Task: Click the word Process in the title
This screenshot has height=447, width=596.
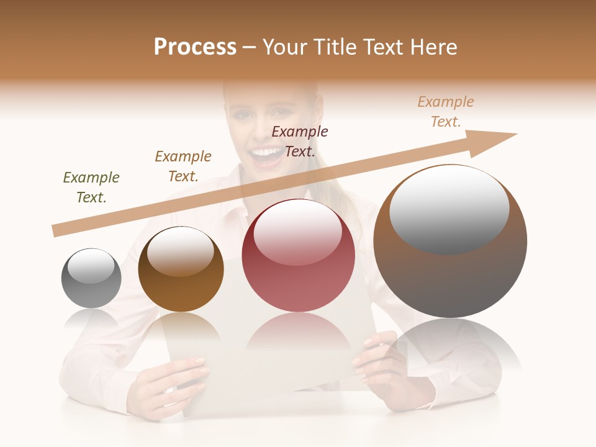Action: click(x=195, y=47)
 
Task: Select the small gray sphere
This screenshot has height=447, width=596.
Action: click(x=91, y=279)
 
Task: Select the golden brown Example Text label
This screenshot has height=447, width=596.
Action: click(x=183, y=166)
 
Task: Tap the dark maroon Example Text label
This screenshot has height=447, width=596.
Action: click(x=300, y=141)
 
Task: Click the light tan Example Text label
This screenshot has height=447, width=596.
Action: click(x=446, y=112)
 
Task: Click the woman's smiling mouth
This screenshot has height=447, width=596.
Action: click(x=268, y=154)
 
